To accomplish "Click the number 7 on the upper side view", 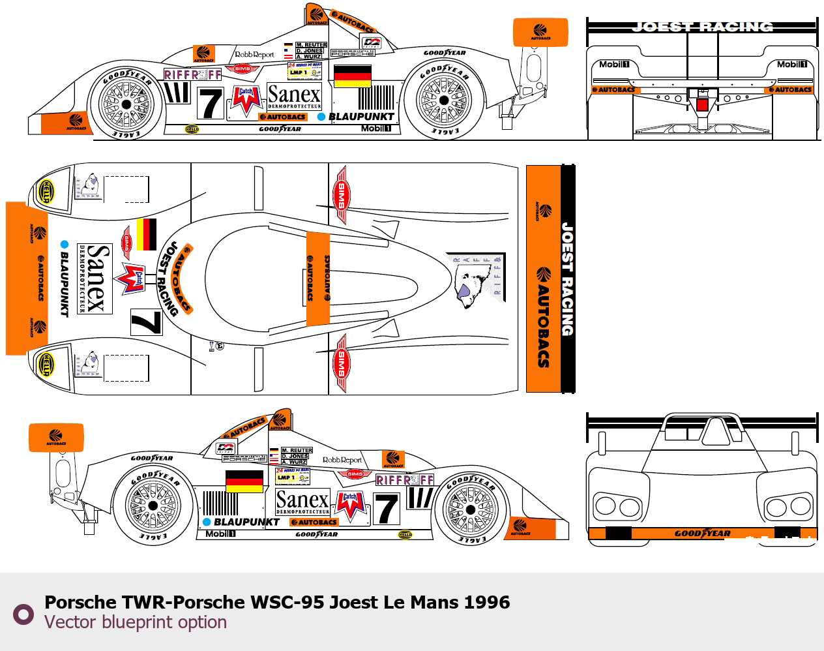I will [x=210, y=103].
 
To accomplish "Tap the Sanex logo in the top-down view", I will [x=95, y=279].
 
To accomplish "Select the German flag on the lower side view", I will [x=244, y=480].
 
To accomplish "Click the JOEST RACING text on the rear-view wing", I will [x=702, y=27].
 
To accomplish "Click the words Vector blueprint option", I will [x=136, y=622].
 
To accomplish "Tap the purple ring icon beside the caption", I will [x=24, y=614].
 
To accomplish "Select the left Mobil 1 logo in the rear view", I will [x=614, y=65].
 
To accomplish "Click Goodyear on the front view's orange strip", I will [x=703, y=534].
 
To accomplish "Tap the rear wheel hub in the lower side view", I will [x=153, y=506].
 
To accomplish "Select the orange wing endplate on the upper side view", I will [x=540, y=32].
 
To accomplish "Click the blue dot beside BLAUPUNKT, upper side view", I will [x=321, y=117].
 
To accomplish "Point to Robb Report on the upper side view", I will [x=254, y=55].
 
